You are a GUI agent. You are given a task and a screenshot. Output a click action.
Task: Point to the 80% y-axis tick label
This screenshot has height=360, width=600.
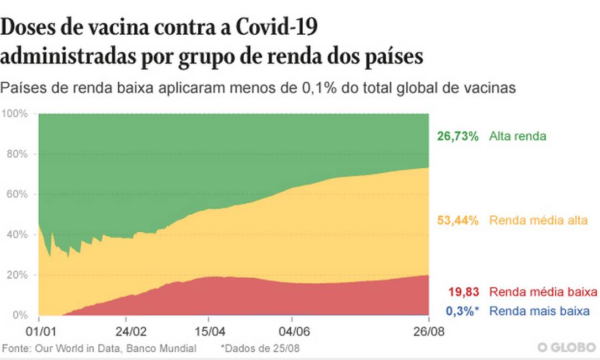(x=16, y=154)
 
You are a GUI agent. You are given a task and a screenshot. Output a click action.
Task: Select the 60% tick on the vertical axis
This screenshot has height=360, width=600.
(x=16, y=194)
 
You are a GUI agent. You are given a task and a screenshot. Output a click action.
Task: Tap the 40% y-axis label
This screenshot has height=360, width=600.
(x=16, y=235)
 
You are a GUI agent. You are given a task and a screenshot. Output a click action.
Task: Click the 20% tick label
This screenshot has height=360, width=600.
(x=16, y=275)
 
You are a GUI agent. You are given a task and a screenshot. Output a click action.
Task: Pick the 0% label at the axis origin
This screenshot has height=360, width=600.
(x=20, y=315)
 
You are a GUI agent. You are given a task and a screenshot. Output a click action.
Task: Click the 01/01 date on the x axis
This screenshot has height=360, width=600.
(x=39, y=333)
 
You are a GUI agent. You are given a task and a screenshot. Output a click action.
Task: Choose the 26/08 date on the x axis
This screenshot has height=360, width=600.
(x=429, y=333)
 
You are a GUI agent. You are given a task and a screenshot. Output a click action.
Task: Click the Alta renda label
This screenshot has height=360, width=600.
(x=517, y=136)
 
